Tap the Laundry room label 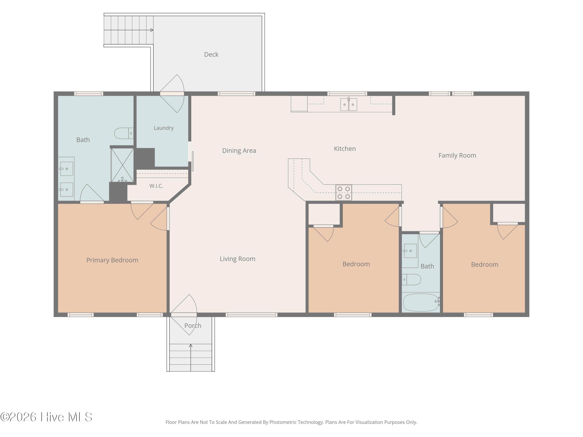pos(164,128)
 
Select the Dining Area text pos(239,151)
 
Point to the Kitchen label pos(345,149)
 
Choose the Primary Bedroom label pos(112,260)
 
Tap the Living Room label pos(237,259)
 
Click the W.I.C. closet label pos(156,186)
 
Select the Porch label pos(193,326)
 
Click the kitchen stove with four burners pos(344,192)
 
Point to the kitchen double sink pos(349,104)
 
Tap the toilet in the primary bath pos(124,133)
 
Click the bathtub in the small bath pos(421,302)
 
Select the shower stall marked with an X pos(122,165)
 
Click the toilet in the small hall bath pos(411,279)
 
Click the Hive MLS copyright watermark pos(46,417)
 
